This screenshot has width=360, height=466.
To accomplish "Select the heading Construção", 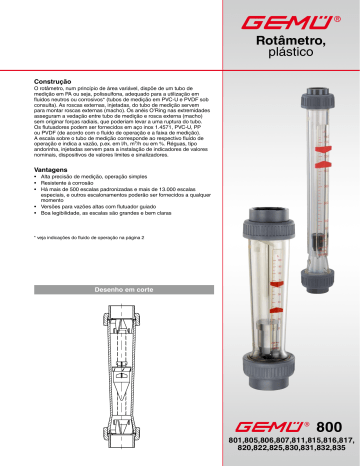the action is click(x=56, y=77).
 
